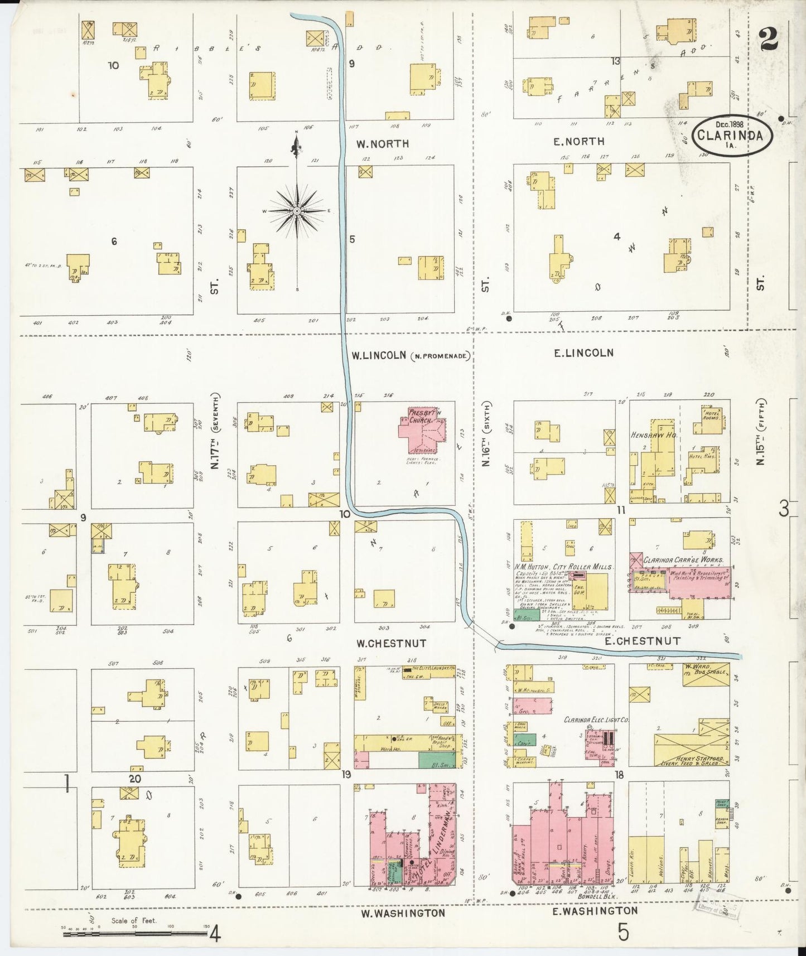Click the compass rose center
(x=297, y=211)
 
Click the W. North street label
(x=383, y=144)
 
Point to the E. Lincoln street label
(x=583, y=353)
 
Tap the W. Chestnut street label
(x=392, y=643)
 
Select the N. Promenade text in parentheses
(x=440, y=356)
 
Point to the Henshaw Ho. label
(x=654, y=435)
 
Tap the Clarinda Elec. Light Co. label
(x=596, y=720)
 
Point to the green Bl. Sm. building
(x=436, y=759)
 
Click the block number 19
(x=346, y=774)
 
